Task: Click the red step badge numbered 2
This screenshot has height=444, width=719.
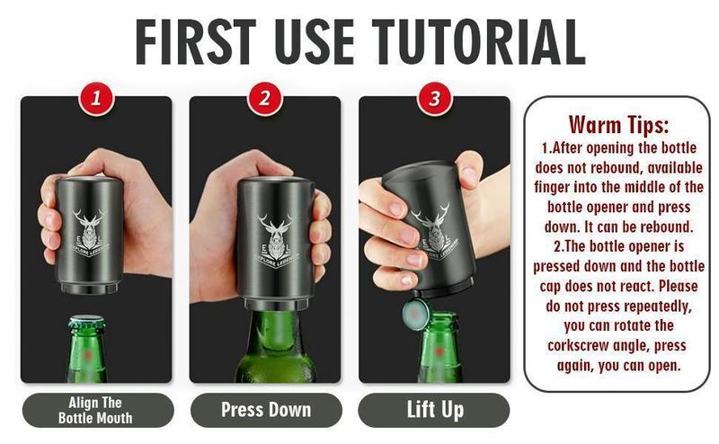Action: pyautogui.click(x=264, y=98)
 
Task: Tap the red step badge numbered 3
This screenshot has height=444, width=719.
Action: pyautogui.click(x=434, y=98)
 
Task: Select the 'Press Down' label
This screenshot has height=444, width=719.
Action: pyautogui.click(x=266, y=410)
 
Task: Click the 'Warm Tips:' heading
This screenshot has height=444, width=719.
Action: pyautogui.click(x=618, y=124)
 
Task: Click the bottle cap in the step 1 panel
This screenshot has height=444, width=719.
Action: pyautogui.click(x=86, y=321)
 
